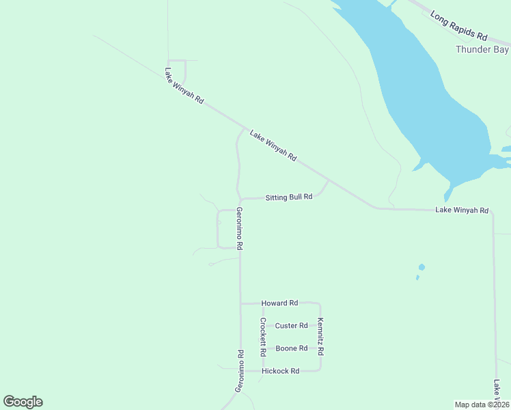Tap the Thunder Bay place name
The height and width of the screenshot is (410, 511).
pyautogui.click(x=482, y=50)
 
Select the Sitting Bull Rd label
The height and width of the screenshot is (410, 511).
pyautogui.click(x=289, y=197)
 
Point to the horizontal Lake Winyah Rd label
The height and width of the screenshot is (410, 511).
pyautogui.click(x=462, y=210)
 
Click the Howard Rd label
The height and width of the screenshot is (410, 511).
pyautogui.click(x=280, y=303)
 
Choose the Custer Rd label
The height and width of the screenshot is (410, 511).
pyautogui.click(x=292, y=326)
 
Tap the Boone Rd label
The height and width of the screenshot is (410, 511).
pyautogui.click(x=291, y=348)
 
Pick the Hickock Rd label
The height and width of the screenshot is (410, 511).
pyautogui.click(x=281, y=371)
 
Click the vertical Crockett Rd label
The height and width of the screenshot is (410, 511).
pyautogui.click(x=262, y=337)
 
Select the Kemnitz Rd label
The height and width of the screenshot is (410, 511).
pyautogui.click(x=320, y=336)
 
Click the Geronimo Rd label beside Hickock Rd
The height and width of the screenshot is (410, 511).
pyautogui.click(x=240, y=370)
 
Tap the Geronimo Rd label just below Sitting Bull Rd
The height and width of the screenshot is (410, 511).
pyautogui.click(x=240, y=228)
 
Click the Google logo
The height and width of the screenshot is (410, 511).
pyautogui.click(x=23, y=402)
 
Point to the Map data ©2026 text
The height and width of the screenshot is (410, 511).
pyautogui.click(x=482, y=405)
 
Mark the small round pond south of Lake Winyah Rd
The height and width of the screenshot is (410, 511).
pyautogui.click(x=422, y=266)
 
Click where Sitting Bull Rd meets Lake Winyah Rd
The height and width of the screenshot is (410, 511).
pyautogui.click(x=329, y=180)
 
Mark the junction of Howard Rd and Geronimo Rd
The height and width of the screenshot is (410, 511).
pyautogui.click(x=240, y=303)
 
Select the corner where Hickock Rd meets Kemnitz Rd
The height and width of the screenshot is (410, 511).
pyautogui.click(x=320, y=370)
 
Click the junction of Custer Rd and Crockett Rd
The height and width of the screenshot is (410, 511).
pyautogui.click(x=262, y=326)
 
